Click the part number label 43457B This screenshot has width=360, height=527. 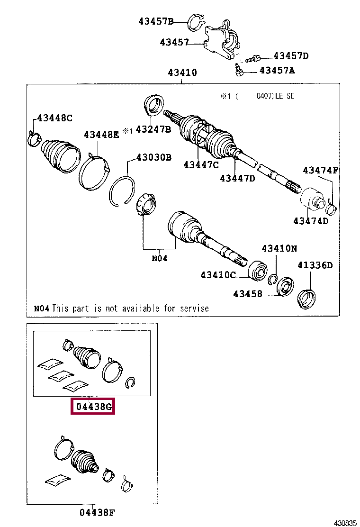click(x=156, y=21)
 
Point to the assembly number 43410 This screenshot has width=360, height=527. click(x=182, y=73)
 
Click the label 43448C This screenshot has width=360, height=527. click(x=54, y=118)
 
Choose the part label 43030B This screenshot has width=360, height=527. click(x=154, y=157)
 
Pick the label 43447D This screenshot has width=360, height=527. click(x=237, y=178)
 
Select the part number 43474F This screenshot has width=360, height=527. click(x=320, y=171)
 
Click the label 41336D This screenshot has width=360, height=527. click(x=315, y=265)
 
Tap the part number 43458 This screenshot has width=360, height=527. click(x=247, y=294)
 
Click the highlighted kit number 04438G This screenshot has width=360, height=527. click(x=93, y=407)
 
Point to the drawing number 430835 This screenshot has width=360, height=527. click(x=344, y=523)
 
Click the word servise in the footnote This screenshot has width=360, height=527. click(x=195, y=309)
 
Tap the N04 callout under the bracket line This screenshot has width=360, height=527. click(x=159, y=258)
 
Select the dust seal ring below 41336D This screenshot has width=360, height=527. click(x=307, y=298)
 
